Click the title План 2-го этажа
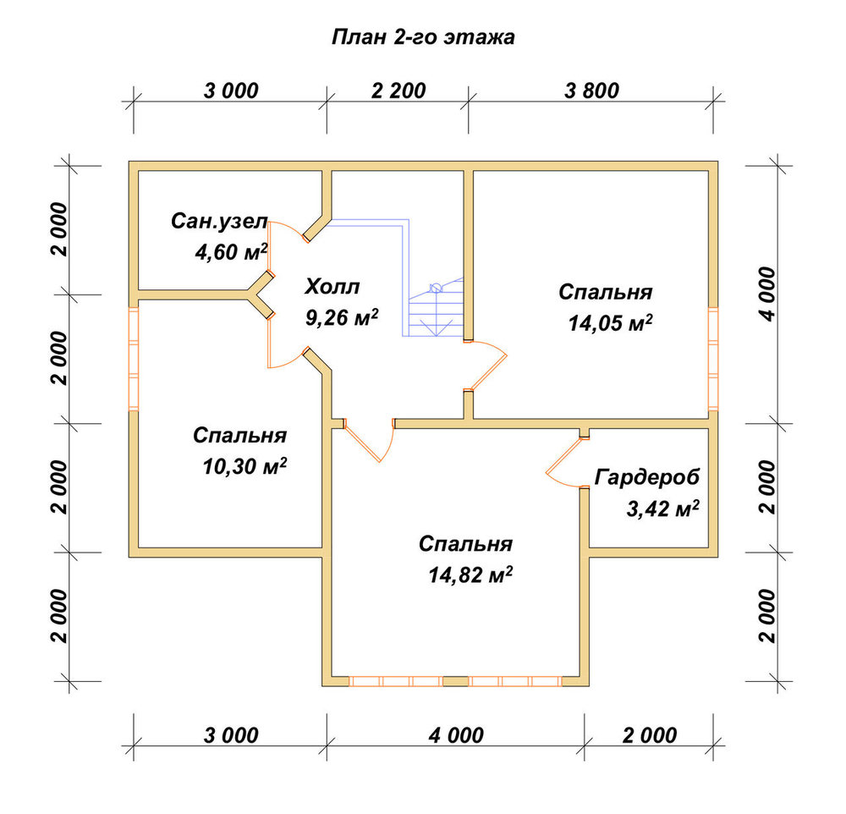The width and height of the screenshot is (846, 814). [423, 37]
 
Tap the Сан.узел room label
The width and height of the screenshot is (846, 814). [219, 222]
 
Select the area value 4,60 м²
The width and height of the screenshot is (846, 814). [231, 252]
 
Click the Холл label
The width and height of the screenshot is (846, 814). [332, 287]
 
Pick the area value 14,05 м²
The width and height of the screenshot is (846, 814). [610, 323]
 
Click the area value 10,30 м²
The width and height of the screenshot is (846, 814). [244, 466]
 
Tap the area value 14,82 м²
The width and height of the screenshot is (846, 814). [470, 575]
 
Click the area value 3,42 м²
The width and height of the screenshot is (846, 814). [662, 509]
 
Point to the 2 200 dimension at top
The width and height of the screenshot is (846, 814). [398, 91]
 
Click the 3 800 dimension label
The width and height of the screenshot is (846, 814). [592, 91]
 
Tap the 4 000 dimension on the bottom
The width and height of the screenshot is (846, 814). [457, 735]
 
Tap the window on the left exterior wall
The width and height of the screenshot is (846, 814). [134, 359]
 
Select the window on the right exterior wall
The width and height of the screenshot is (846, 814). [713, 359]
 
